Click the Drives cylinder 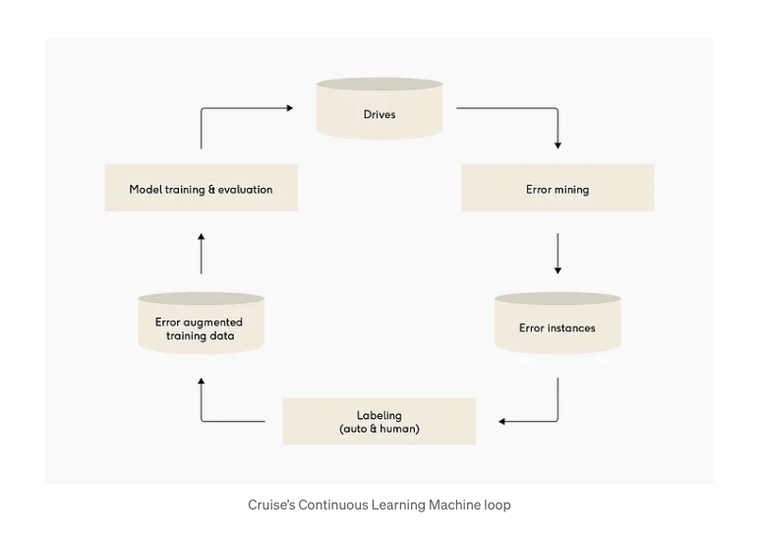(379, 109)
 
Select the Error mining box (557, 188)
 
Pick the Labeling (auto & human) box (379, 421)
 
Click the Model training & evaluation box (201, 188)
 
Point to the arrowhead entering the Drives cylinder (289, 108)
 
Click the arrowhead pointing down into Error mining (558, 145)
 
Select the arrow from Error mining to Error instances (558, 253)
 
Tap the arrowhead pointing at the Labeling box (502, 421)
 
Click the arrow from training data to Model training (201, 253)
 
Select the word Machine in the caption (455, 505)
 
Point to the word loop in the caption (498, 505)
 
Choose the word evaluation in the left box (240, 189)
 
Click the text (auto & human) (379, 429)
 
